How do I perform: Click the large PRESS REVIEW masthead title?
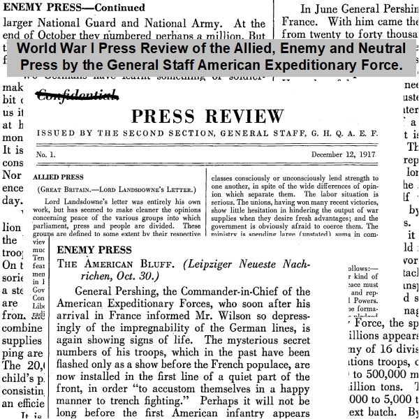coord(207,116)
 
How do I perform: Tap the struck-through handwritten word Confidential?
coord(78,96)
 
